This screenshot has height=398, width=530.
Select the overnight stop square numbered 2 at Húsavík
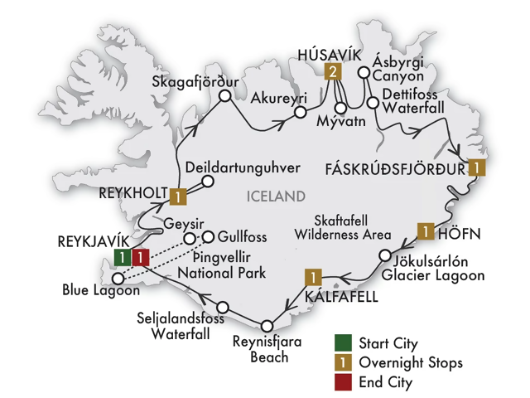[333, 72]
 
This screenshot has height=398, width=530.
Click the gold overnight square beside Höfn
[425, 231]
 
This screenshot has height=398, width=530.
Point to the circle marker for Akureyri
[301, 111]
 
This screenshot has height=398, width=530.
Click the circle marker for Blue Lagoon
[118, 278]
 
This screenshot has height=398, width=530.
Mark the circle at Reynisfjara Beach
[267, 326]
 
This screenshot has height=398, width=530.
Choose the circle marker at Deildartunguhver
[208, 182]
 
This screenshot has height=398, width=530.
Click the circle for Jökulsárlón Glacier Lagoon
[384, 255]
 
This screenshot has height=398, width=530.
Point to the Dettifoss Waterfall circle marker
[373, 104]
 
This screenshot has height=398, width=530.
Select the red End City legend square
[342, 382]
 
